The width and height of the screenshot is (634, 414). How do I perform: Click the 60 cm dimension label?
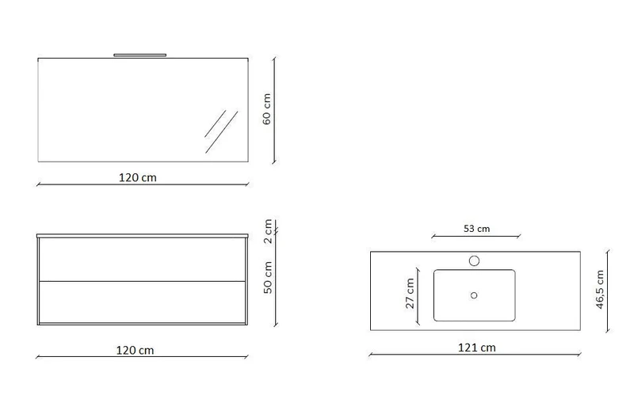267,109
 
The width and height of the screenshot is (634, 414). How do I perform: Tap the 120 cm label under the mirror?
137,178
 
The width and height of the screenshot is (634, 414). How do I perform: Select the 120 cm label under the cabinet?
135,350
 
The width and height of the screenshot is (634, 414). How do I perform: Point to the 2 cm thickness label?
268,231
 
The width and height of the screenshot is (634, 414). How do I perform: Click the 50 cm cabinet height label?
268,278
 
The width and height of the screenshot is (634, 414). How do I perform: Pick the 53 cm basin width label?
477,229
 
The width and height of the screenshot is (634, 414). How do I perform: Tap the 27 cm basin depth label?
410,293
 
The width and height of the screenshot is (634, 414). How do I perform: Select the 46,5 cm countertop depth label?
600,290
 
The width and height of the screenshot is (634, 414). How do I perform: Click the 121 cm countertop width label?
477,348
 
